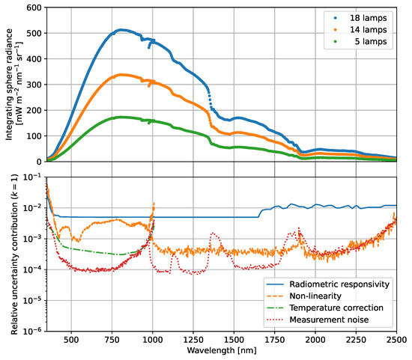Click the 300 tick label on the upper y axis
pos(34,85)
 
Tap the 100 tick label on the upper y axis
pos(34,136)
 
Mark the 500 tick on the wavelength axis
pos(71,338)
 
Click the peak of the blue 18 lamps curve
pos(121,30)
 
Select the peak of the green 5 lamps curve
pos(121,118)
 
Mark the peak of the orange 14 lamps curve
pos(121,75)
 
